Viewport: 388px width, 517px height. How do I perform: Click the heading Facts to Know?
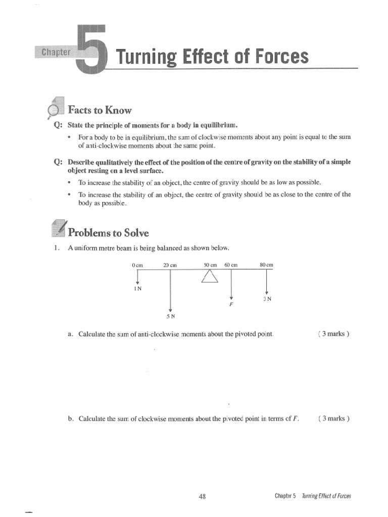click(x=100, y=110)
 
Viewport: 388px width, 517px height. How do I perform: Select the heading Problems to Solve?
click(x=108, y=233)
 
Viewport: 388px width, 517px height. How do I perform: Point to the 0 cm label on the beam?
click(x=137, y=265)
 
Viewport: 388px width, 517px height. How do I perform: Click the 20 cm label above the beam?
click(x=170, y=265)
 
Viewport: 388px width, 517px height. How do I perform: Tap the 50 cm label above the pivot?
click(x=210, y=265)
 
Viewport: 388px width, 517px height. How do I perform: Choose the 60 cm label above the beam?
click(x=231, y=265)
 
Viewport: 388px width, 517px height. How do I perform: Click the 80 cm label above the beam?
click(x=266, y=265)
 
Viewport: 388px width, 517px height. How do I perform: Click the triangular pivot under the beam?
click(x=210, y=277)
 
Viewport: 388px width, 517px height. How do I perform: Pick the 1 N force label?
click(x=137, y=288)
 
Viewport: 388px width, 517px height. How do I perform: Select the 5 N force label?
click(x=170, y=317)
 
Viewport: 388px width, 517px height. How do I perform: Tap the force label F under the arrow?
click(x=231, y=305)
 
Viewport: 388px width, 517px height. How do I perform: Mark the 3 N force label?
click(x=267, y=299)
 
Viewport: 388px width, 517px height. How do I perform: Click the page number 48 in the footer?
click(x=202, y=496)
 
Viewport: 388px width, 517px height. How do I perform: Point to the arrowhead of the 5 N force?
click(x=170, y=309)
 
